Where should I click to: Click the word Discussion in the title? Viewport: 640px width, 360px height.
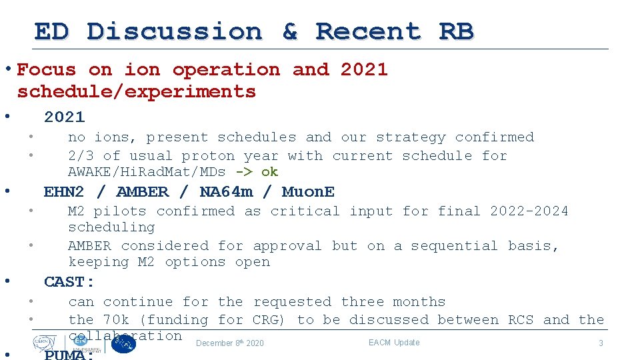click(175, 31)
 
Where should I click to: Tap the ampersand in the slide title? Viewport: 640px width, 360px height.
click(289, 31)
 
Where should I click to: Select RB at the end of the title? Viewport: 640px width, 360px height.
click(456, 31)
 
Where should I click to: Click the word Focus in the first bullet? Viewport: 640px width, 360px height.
click(46, 69)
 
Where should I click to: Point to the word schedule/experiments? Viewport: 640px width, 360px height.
click(137, 91)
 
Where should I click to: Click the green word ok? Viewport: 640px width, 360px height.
click(269, 172)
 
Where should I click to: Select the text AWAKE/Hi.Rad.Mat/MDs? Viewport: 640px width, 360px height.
click(147, 172)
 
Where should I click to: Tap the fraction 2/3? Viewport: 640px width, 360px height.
click(81, 156)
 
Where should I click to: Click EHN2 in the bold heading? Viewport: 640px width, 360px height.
click(64, 192)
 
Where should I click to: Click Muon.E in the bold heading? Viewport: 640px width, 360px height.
click(308, 192)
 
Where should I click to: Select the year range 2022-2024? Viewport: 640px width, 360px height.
click(529, 211)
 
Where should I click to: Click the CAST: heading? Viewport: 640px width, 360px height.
click(69, 282)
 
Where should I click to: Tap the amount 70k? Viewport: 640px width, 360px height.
click(116, 320)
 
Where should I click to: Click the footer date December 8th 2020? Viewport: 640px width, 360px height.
click(230, 343)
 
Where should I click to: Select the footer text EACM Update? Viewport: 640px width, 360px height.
click(394, 343)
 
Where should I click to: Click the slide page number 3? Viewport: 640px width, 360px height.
click(600, 343)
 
